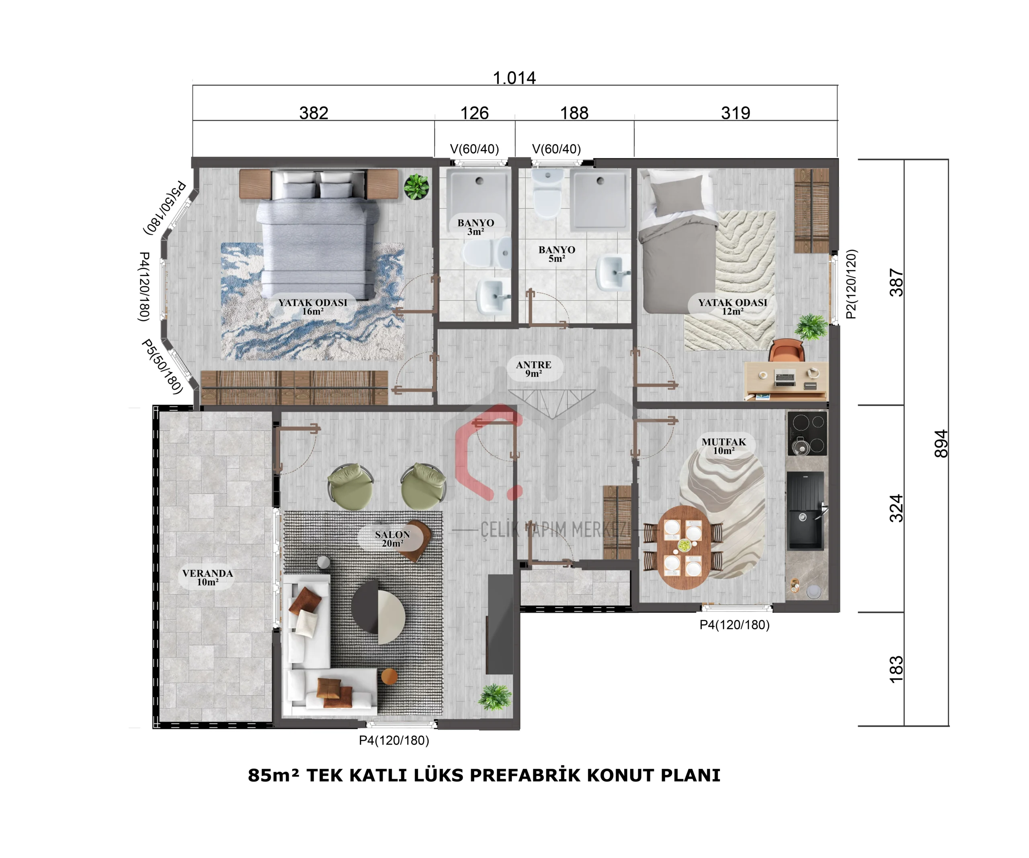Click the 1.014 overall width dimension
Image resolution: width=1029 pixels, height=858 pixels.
tap(514, 78)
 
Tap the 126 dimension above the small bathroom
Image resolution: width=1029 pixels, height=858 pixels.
tap(474, 113)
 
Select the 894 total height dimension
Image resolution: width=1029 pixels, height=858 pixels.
tap(941, 444)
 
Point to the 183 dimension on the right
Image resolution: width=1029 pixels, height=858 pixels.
tap(896, 669)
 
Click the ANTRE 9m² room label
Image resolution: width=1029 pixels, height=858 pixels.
tap(534, 369)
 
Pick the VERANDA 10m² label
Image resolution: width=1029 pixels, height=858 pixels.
tap(208, 577)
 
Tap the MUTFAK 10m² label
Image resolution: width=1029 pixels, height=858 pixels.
tap(724, 446)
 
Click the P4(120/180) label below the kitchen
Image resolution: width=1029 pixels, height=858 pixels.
tap(734, 625)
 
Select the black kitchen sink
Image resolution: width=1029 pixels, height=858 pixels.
tap(806, 510)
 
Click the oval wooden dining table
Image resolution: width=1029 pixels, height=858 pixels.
tap(683, 547)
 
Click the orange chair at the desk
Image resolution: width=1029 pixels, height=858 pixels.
tap(787, 350)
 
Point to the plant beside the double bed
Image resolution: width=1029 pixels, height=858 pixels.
tap(416, 187)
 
